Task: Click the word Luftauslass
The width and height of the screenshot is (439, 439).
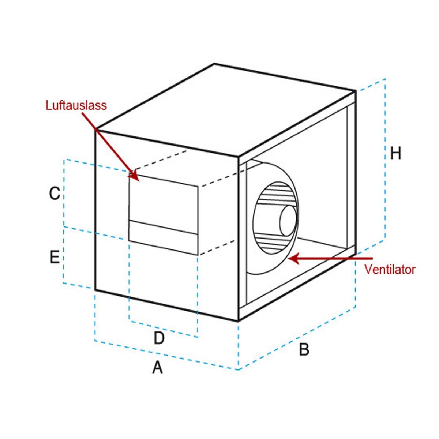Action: pos(76,105)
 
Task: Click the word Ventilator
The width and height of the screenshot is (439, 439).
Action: pos(390,270)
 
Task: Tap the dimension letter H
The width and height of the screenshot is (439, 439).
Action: pos(395,153)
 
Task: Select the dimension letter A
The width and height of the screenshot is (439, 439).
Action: pos(157,367)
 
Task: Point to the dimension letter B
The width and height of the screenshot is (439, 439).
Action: pos(304,350)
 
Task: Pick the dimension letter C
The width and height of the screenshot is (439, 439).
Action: pos(55,193)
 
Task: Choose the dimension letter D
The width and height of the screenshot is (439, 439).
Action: pos(159,338)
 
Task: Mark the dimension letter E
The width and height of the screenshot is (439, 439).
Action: pos(55,258)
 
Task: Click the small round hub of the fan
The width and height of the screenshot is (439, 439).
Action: pos(288,220)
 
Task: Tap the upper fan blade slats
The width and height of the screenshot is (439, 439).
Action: pos(274,192)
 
